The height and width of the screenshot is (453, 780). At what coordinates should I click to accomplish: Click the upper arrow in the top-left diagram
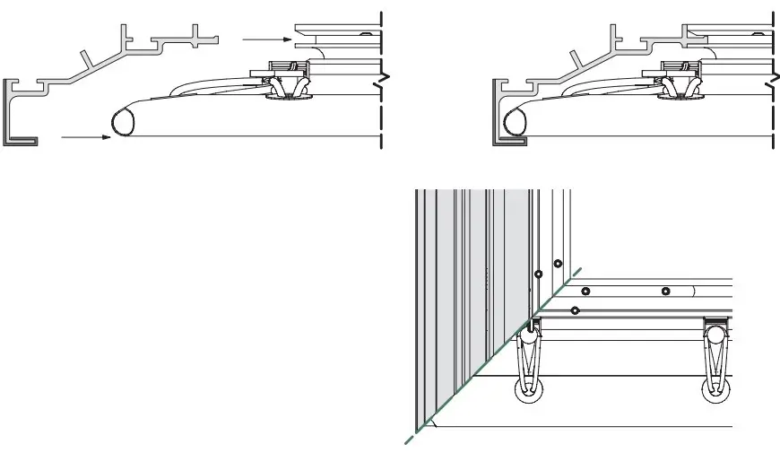[264, 39]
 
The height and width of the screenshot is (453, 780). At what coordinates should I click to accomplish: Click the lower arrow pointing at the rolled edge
[85, 137]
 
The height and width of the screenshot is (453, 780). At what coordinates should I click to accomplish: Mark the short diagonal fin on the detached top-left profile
[89, 58]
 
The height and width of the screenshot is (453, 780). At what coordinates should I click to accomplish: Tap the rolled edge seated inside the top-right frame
[516, 121]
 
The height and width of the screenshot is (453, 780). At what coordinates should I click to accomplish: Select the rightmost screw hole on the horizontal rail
[665, 291]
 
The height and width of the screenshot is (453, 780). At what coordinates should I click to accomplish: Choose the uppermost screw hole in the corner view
[558, 264]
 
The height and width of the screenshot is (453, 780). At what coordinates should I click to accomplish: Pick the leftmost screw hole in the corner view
[537, 273]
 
